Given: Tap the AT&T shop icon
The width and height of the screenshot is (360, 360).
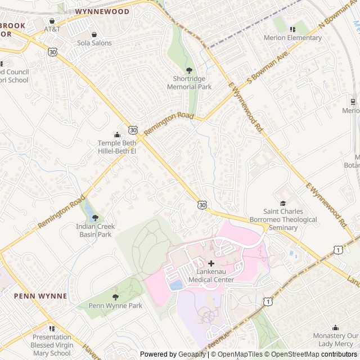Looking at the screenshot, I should point(52,21).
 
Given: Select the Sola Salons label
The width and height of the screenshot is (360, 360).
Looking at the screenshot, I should point(94,43).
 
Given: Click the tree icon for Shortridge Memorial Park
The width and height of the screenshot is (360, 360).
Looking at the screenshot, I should point(189,70).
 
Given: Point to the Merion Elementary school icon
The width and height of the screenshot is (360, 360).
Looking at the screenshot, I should point(292,29).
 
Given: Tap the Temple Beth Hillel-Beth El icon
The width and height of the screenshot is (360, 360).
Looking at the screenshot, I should point(117,135).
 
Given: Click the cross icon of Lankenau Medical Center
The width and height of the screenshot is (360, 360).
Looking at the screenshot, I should point(211,263).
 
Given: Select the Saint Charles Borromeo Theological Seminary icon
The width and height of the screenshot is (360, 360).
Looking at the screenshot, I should point(283,204).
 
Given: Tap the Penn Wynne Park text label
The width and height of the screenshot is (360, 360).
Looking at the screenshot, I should point(115,306).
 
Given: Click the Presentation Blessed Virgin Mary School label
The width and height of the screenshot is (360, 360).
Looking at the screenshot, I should point(51,345).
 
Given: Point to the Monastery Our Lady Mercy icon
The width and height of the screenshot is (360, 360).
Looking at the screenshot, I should point(336,327).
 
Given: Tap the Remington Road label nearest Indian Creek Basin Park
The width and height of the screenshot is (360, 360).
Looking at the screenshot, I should point(61,211).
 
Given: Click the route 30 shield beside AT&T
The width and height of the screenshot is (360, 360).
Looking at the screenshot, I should point(52,52).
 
